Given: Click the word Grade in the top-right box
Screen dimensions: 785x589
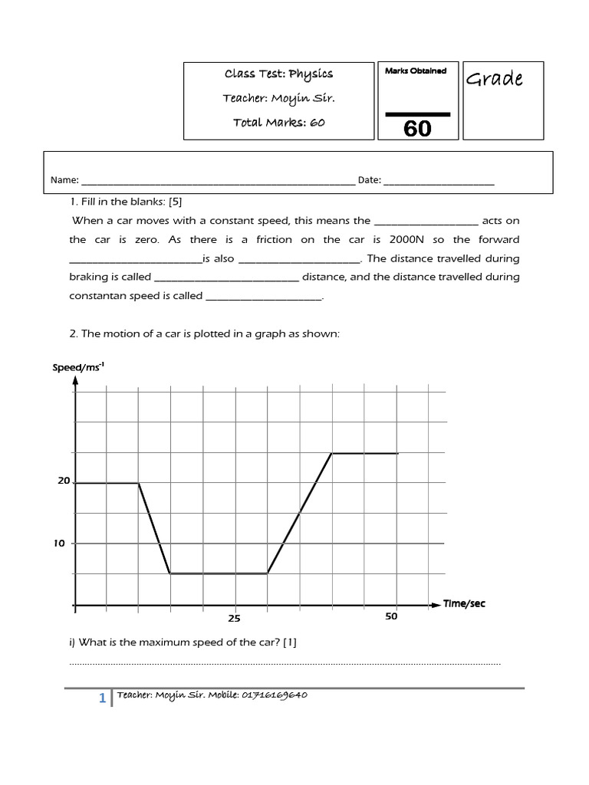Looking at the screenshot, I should pos(495,79).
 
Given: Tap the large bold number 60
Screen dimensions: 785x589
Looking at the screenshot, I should pos(417,128).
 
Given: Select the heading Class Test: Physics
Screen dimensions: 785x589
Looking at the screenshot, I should pos(278,74).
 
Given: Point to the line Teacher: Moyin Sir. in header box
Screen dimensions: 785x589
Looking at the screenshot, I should pos(278,98).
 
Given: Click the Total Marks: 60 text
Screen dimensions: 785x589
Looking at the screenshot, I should pos(278,123).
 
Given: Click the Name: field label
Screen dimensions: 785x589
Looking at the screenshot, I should pos(64,180).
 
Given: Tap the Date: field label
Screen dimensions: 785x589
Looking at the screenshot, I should pos(369,180).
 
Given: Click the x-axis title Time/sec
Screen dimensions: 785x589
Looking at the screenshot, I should pos(464,604).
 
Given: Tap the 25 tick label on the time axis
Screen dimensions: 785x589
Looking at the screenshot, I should pos(235,618).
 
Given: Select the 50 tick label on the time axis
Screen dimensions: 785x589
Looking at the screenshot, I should pos(391,616).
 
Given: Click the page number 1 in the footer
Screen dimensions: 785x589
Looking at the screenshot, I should pos(101,698).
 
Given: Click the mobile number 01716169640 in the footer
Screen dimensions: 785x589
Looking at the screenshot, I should pos(275,695).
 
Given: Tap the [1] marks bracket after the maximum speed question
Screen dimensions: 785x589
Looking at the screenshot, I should pos(289,642).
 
